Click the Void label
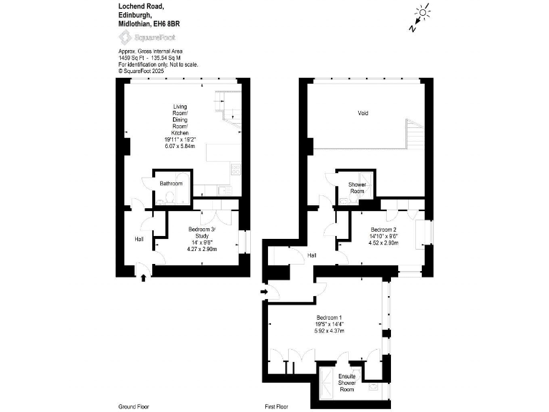tap(363, 113)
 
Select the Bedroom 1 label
tap(330, 317)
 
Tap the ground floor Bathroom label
tap(171, 184)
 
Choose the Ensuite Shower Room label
tap(346, 383)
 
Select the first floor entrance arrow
tap(264, 291)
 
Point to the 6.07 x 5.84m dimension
tap(179, 146)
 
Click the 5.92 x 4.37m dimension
tap(330, 331)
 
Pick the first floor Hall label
tap(312, 255)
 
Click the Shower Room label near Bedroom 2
tap(356, 187)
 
